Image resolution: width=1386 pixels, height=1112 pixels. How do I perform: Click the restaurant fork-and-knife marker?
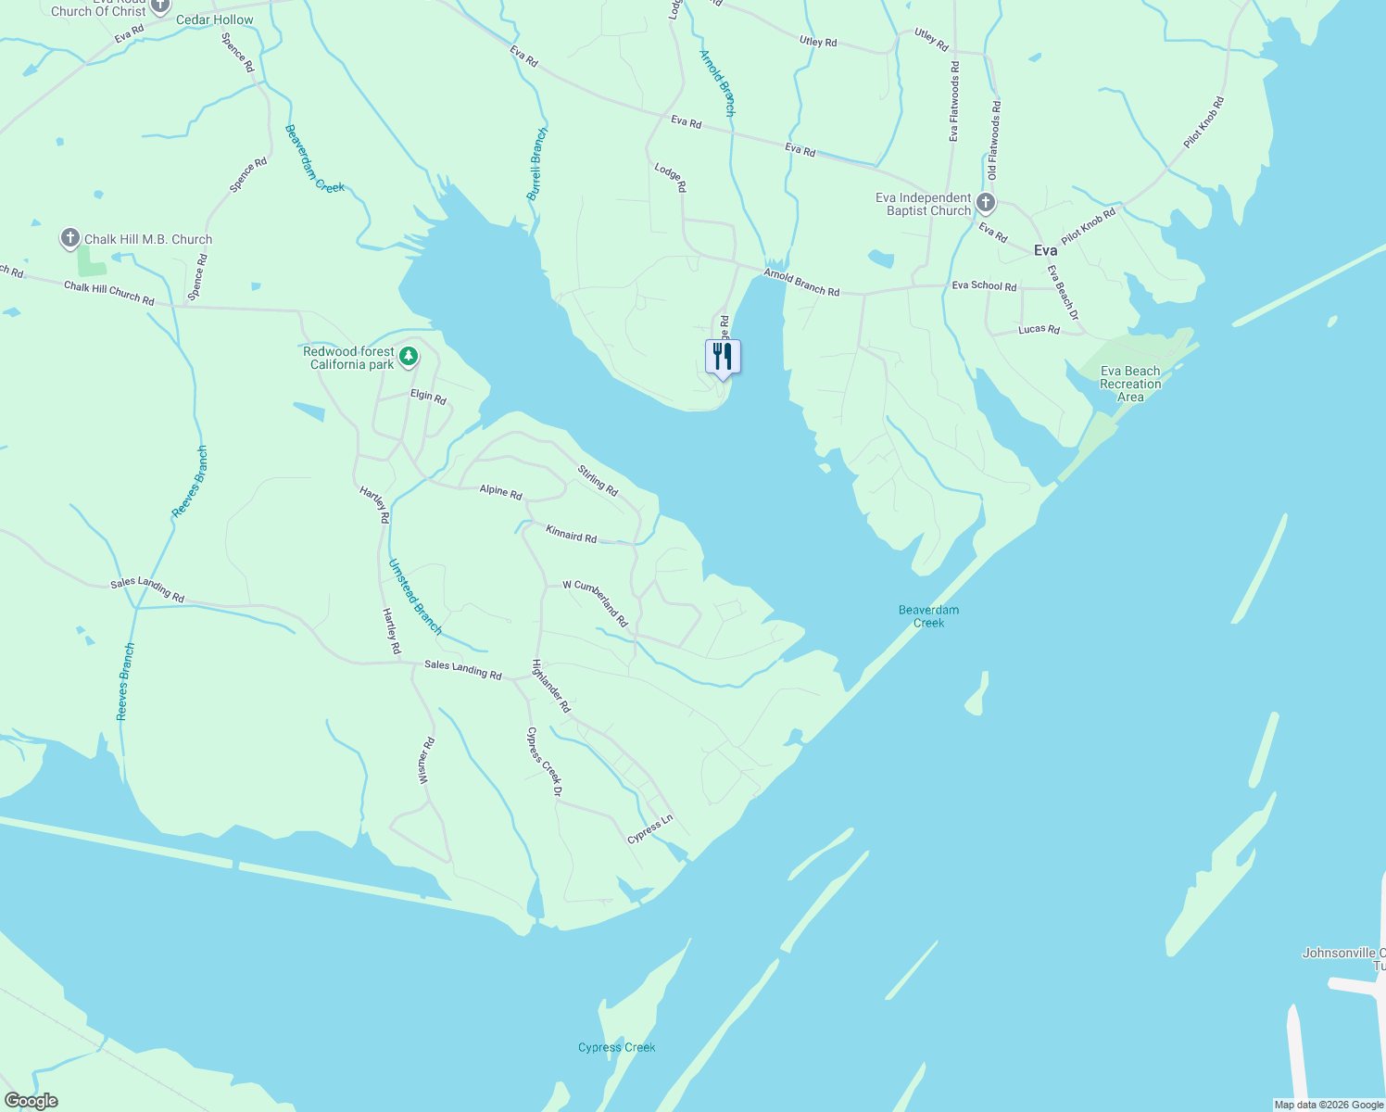(x=723, y=356)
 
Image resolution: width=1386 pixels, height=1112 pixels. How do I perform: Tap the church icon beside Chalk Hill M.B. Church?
(x=69, y=238)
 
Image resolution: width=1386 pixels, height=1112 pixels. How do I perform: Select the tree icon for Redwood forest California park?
(x=408, y=357)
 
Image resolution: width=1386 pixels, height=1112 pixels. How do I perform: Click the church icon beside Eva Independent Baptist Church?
(x=986, y=203)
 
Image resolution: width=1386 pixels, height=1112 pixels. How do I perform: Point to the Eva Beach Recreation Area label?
(x=1129, y=384)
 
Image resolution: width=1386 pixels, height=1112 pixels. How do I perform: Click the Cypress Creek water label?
(x=616, y=1047)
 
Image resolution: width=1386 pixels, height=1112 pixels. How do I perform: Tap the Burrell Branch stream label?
(x=537, y=164)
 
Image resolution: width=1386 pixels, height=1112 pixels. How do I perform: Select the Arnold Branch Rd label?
(x=801, y=283)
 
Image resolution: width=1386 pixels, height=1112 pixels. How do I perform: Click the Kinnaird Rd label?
(x=571, y=534)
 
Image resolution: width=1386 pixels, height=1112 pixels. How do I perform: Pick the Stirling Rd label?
(x=598, y=480)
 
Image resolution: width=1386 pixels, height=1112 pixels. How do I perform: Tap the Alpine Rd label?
(x=500, y=491)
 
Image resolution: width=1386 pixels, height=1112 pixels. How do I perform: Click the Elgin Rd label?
(x=428, y=397)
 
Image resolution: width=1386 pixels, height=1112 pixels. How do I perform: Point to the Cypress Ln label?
(x=649, y=829)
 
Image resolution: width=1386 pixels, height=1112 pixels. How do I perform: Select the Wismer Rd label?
(x=426, y=761)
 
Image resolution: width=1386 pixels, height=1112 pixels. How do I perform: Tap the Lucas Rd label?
(x=1039, y=329)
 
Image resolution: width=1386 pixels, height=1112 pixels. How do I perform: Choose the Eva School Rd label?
(x=984, y=286)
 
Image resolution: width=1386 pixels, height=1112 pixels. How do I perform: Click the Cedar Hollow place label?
(x=214, y=19)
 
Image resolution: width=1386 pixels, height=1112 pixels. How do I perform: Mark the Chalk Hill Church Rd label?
(x=108, y=293)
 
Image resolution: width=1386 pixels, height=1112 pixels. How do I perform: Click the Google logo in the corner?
(x=31, y=1101)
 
